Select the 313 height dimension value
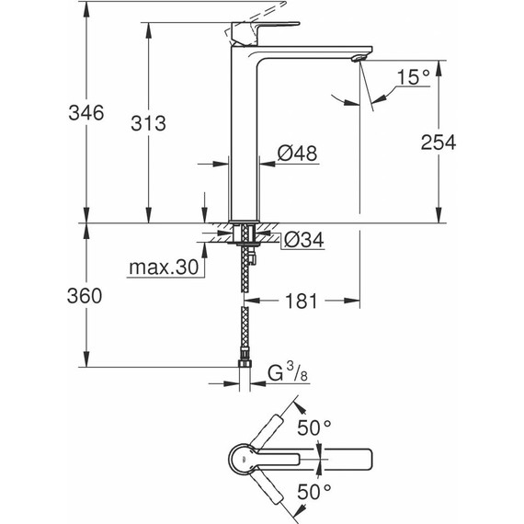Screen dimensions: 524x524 [x=123, y=124]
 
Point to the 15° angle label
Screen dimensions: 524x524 [x=414, y=80]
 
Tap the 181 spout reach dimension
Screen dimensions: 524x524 [x=302, y=301]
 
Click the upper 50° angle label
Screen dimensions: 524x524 [x=313, y=427]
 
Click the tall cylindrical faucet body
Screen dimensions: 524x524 [x=244, y=138]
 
